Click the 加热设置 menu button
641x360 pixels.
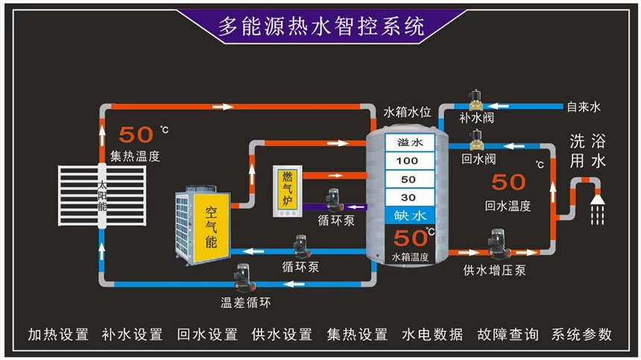click(x=58, y=335)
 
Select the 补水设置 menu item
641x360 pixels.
click(x=133, y=335)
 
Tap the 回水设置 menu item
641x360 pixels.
click(x=208, y=335)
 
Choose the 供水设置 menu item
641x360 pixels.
click(x=282, y=335)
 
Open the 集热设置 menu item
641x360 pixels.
click(x=358, y=335)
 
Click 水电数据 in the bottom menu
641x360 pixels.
click(x=432, y=335)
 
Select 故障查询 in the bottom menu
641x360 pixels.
click(x=508, y=335)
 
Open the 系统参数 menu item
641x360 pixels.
click(x=582, y=335)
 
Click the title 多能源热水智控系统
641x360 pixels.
click(x=321, y=27)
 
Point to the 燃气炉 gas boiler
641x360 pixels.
click(x=288, y=189)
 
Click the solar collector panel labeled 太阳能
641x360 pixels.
click(x=101, y=197)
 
